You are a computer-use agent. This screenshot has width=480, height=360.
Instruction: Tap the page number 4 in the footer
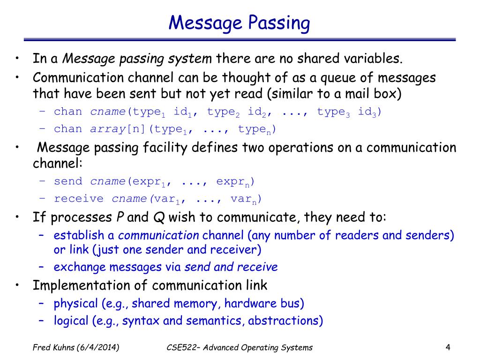pos(448,347)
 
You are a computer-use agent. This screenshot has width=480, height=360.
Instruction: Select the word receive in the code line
pos(79,199)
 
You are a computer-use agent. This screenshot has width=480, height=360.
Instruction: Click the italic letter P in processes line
pos(120,217)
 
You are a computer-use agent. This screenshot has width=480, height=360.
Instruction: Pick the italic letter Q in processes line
pos(158,217)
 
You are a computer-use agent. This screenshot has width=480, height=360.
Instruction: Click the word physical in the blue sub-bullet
pos(76,304)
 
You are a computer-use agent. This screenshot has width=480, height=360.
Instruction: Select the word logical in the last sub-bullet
pos(71,321)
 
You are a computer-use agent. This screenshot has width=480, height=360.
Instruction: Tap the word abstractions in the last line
pos(285,321)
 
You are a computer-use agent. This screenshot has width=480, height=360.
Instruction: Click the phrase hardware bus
pos(264,304)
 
